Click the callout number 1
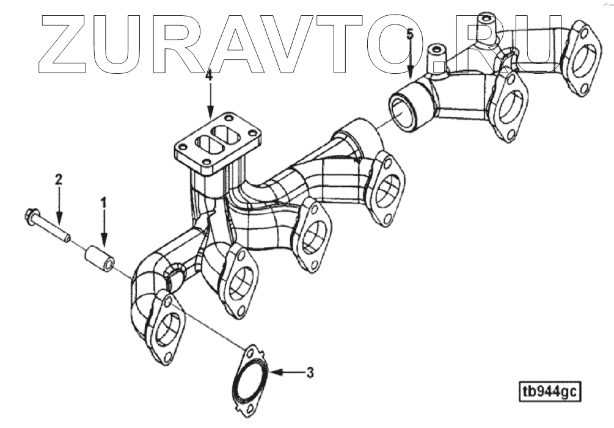[103, 201]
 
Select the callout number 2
[58, 179]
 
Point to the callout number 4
[210, 76]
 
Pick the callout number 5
[410, 34]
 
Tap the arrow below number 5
[410, 58]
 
